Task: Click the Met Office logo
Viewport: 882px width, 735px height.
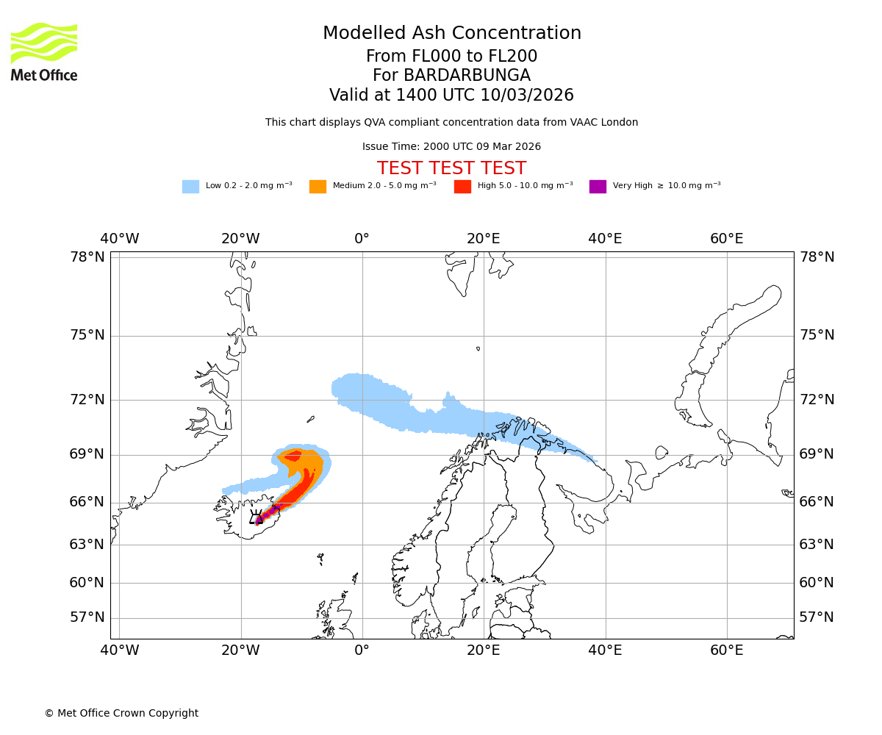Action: [44, 51]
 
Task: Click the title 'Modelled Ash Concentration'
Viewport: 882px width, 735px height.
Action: [451, 34]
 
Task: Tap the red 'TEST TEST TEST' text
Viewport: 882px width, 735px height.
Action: [451, 168]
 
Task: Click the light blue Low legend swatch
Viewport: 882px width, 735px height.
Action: [190, 187]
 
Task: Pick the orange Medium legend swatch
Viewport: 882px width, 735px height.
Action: [318, 187]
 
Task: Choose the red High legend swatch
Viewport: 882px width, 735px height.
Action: [462, 187]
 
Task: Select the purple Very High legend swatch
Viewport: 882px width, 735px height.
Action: [598, 187]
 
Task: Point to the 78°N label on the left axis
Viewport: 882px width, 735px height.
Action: [87, 257]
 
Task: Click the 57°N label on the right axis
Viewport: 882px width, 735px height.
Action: [817, 617]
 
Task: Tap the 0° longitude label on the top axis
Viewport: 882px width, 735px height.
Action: [362, 239]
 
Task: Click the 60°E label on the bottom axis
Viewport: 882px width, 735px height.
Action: [726, 650]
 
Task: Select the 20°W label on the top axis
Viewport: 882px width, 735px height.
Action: [240, 239]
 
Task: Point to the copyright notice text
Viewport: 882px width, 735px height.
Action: [121, 714]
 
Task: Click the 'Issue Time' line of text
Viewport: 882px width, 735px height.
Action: [451, 147]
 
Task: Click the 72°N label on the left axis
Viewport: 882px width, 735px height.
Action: [87, 400]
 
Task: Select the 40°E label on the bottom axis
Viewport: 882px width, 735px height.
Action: [605, 650]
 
